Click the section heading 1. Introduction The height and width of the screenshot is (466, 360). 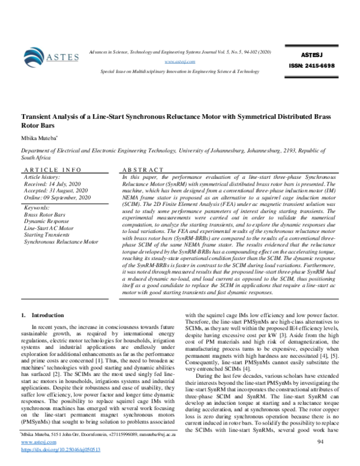coord(38,315)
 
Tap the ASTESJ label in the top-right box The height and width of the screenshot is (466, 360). coord(313,53)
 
